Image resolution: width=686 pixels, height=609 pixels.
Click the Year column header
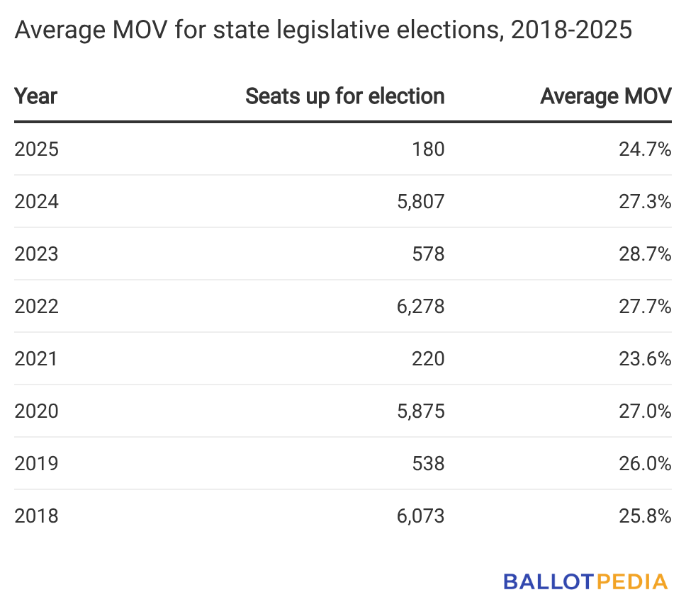point(36,96)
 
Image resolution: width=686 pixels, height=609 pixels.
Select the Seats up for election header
point(344,96)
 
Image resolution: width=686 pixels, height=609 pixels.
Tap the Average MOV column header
point(605,96)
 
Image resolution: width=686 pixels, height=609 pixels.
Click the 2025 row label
point(36,149)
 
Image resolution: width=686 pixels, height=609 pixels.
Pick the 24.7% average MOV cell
point(643,149)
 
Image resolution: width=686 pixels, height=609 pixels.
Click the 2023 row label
point(36,254)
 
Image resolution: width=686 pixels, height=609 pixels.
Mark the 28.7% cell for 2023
point(643,254)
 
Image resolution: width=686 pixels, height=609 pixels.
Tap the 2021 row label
point(36,359)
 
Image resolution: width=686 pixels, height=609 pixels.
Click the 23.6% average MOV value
point(643,359)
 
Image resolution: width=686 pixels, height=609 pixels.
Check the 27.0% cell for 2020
point(643,411)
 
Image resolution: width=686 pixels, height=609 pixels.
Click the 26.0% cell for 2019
point(643,464)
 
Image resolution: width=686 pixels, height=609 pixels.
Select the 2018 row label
point(36,516)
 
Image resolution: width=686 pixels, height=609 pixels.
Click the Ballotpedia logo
point(585,582)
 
